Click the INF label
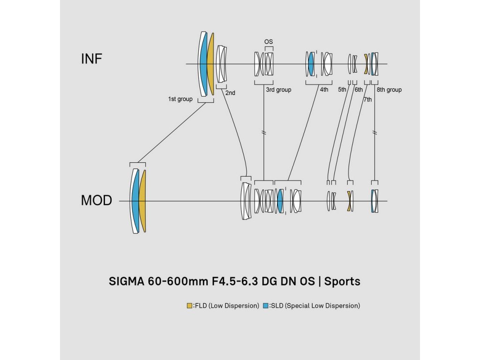pos(92,59)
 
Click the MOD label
pos(97,201)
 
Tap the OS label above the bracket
pos(269,42)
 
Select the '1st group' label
pos(180,99)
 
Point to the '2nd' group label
pos(230,93)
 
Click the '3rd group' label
pos(278,90)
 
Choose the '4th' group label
pos(324,90)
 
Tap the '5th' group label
pos(342,90)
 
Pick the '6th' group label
pos(359,90)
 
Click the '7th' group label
pos(367,99)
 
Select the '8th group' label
pos(389,90)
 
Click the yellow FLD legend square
pos(189,306)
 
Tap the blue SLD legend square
pos(265,306)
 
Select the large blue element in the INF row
pos(203,63)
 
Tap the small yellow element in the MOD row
pos(349,201)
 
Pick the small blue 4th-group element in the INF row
pos(311,64)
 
